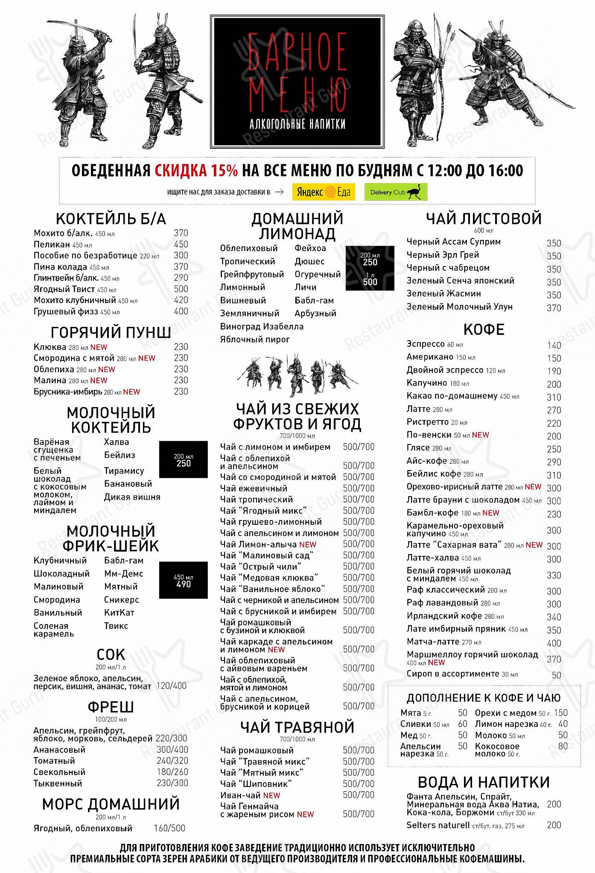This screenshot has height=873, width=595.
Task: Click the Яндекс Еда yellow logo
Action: [x=324, y=192]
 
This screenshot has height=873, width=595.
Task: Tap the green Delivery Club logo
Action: [x=396, y=192]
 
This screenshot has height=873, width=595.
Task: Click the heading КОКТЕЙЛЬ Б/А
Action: [x=111, y=219]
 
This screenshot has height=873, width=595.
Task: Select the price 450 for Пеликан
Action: [x=181, y=244]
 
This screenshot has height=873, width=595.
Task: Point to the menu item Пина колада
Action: [x=61, y=267]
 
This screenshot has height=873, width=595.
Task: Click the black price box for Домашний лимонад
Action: [x=370, y=268]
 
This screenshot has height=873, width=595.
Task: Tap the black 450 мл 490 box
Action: [x=184, y=580]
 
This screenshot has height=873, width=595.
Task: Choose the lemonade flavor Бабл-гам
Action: [x=314, y=301]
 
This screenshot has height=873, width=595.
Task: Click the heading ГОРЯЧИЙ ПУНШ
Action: [x=111, y=332]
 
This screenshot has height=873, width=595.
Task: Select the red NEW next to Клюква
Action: [x=99, y=347]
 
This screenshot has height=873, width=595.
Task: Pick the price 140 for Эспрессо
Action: [x=554, y=346]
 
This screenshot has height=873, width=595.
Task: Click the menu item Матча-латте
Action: [x=433, y=642]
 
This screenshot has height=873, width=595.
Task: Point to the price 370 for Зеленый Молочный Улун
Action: [x=554, y=308]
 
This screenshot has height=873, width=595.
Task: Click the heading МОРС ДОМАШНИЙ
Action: [x=111, y=804]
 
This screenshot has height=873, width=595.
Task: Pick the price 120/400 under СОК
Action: [x=172, y=686]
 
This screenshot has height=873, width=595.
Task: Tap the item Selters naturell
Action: [x=438, y=825]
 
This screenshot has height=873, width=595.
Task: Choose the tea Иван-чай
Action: [x=241, y=795]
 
